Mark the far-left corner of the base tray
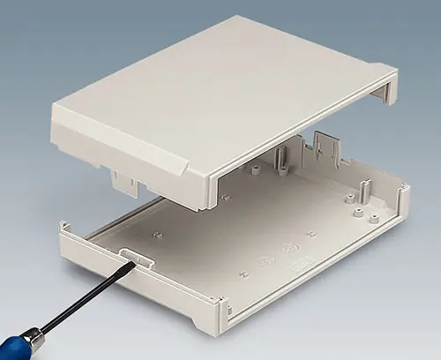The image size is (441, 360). (x=62, y=227)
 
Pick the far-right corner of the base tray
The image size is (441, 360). (x=405, y=188)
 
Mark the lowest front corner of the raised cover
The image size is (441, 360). (x=212, y=208)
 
